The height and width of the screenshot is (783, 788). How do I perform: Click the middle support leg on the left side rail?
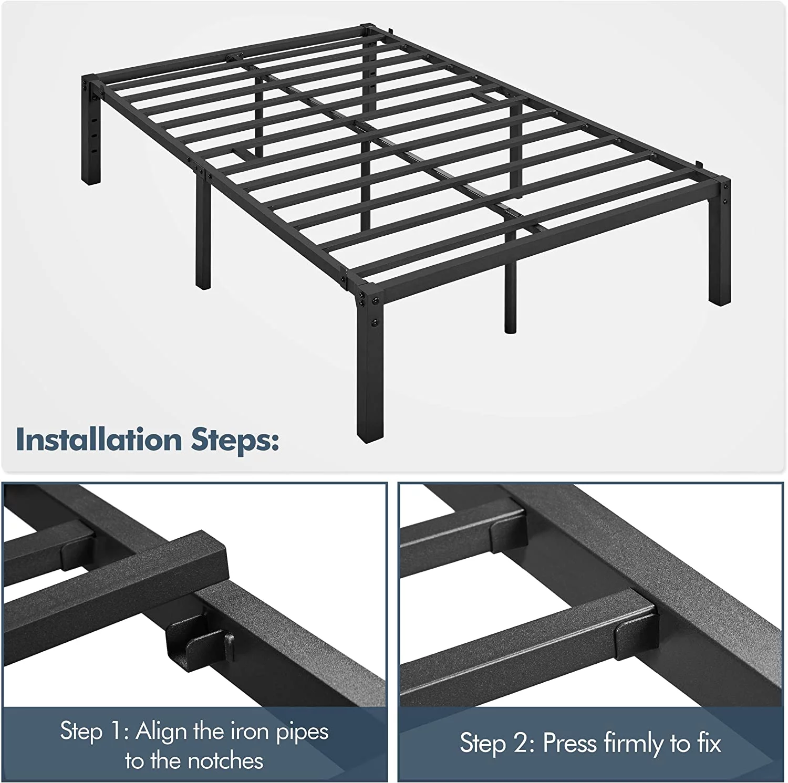tap(203, 231)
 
